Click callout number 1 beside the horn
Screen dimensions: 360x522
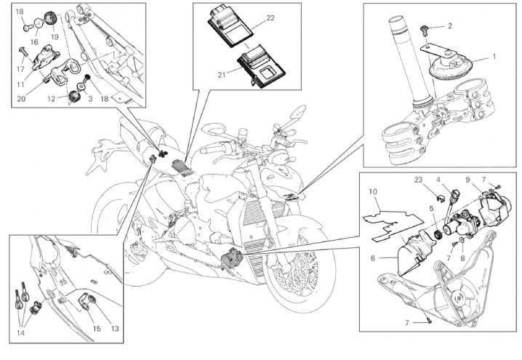tap(494, 55)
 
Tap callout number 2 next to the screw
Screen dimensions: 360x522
tap(449, 26)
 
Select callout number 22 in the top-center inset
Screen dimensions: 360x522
tap(270, 17)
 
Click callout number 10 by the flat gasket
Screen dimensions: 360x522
tap(372, 193)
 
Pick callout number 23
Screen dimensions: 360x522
tap(419, 179)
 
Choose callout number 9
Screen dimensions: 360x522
tap(468, 179)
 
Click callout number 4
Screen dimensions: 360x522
tap(439, 179)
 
